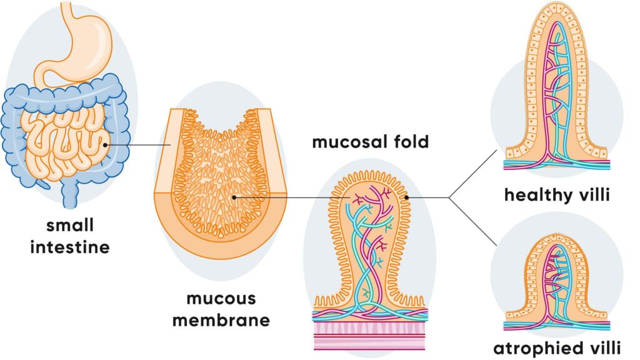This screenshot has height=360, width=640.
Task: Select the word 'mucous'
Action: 221,299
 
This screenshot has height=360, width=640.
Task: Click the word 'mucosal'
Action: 343,142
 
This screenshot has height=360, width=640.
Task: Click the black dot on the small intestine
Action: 107,145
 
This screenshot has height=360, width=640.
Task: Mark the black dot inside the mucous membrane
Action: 233,197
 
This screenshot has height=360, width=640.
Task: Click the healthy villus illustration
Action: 556,87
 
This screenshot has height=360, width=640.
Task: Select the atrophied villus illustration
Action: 556,281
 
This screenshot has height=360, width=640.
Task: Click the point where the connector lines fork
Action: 449,197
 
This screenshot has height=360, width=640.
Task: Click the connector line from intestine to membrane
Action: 141,145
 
